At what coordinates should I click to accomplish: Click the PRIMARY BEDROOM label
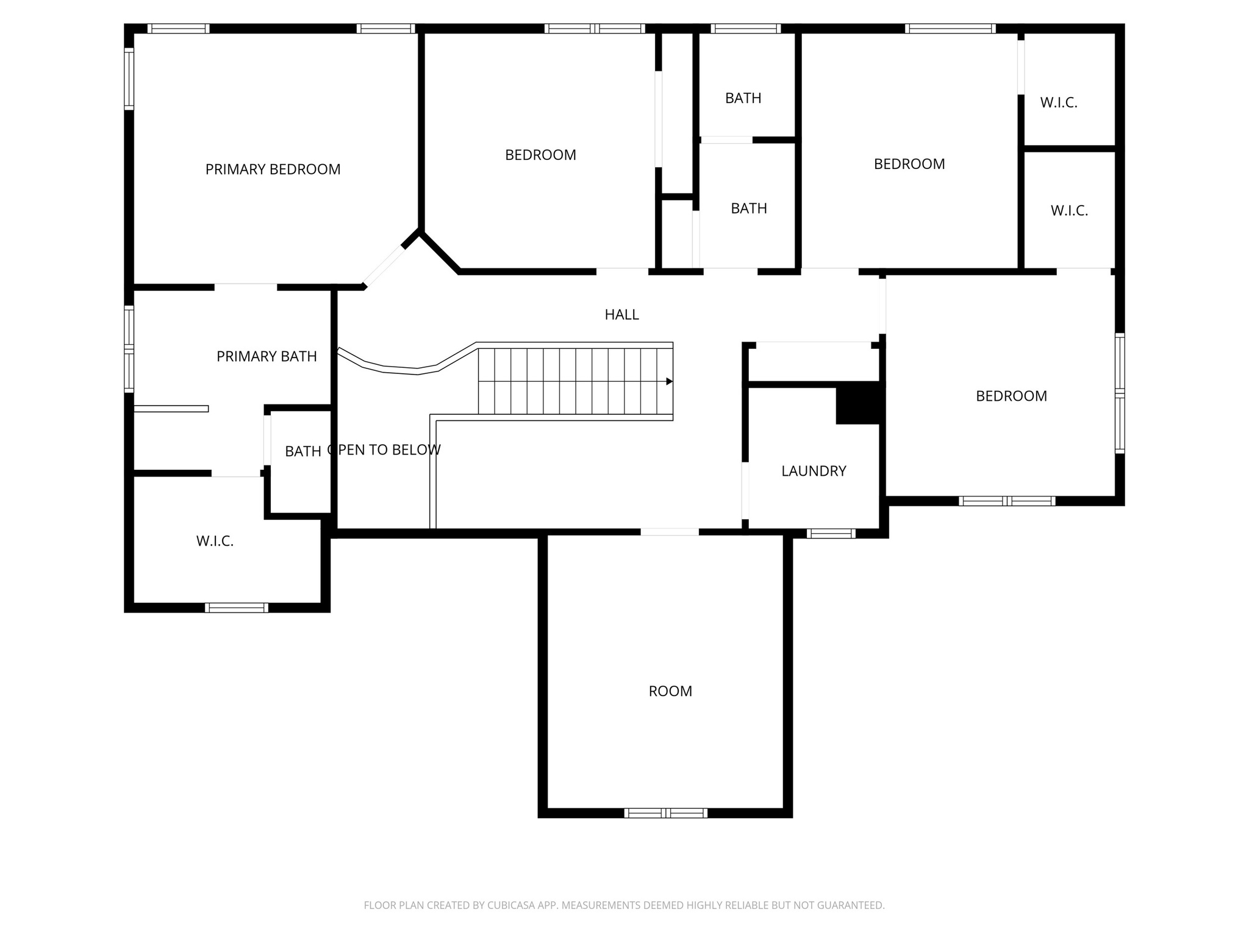[273, 170]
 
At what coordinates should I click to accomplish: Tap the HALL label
[621, 315]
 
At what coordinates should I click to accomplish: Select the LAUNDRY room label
[814, 471]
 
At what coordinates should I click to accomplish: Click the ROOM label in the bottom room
[670, 691]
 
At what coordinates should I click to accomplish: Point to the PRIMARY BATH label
[267, 356]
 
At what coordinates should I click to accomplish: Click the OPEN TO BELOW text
[384, 450]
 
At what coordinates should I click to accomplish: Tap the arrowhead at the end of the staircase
[669, 381]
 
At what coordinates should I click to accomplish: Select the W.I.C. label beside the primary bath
[215, 541]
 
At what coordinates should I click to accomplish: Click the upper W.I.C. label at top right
[1059, 103]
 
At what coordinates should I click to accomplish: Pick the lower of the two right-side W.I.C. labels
[1069, 211]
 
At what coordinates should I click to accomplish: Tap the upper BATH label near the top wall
[743, 98]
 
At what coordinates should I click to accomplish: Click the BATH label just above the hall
[748, 209]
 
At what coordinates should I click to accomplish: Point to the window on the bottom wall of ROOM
[665, 813]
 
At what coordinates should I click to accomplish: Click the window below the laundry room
[831, 533]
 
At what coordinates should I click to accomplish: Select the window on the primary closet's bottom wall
[236, 607]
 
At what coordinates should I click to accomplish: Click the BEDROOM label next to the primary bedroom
[540, 155]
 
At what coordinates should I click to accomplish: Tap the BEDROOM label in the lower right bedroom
[1011, 396]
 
